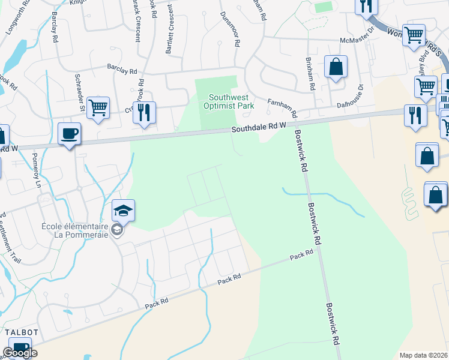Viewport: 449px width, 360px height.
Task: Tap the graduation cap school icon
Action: coord(123,210)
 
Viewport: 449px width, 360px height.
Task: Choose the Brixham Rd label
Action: coord(309,73)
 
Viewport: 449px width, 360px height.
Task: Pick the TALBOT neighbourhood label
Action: coord(22,332)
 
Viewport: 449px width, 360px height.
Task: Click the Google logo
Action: coord(20,353)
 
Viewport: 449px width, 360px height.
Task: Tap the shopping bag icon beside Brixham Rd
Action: coord(336,67)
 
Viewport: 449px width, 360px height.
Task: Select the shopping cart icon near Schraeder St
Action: coord(97,108)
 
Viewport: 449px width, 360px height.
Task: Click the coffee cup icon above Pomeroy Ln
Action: coord(70,133)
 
